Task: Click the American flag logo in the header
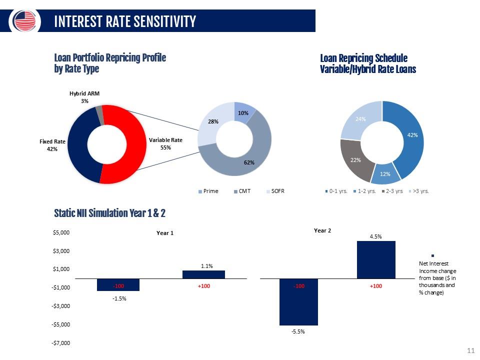pyautogui.click(x=24, y=21)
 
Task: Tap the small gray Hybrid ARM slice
pyautogui.click(x=99, y=115)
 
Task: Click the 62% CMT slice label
pyautogui.click(x=249, y=162)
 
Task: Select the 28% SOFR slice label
pyautogui.click(x=213, y=121)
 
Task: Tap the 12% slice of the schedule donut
pyautogui.click(x=385, y=174)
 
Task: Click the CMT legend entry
pyautogui.click(x=242, y=191)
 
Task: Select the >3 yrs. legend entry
pyautogui.click(x=419, y=191)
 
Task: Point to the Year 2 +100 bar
pyautogui.click(x=376, y=259)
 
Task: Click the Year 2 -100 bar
pyautogui.click(x=299, y=302)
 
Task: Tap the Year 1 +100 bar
pyautogui.click(x=203, y=274)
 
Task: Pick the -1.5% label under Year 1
pyautogui.click(x=119, y=298)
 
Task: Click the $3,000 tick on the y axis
pyautogui.click(x=61, y=251)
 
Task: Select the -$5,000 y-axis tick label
pyautogui.click(x=60, y=324)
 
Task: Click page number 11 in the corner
pyautogui.click(x=471, y=350)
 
